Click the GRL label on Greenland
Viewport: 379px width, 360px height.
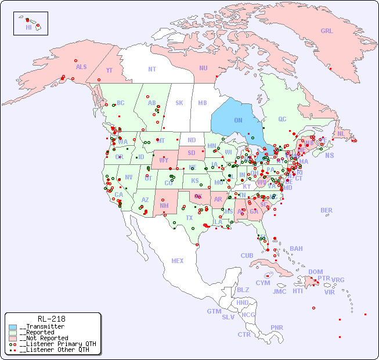(327, 31)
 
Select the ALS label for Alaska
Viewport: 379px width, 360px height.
(81, 67)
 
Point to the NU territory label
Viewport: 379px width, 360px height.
(203, 68)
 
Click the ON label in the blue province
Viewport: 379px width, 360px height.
(238, 120)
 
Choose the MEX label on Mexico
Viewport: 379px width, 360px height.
(178, 261)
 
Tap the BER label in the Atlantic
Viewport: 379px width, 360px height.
(327, 210)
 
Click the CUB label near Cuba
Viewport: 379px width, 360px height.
(247, 255)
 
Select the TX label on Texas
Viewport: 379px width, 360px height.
(189, 218)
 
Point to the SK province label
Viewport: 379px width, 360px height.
(179, 103)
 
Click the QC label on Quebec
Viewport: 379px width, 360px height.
(282, 120)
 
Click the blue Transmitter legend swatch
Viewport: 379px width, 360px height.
(12, 327)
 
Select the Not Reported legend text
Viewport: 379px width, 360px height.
(44, 338)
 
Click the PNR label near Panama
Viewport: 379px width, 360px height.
(277, 327)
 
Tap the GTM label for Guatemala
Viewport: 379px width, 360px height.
(214, 311)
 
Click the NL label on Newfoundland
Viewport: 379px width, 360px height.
(341, 134)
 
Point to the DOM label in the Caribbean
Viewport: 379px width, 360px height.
(316, 272)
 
